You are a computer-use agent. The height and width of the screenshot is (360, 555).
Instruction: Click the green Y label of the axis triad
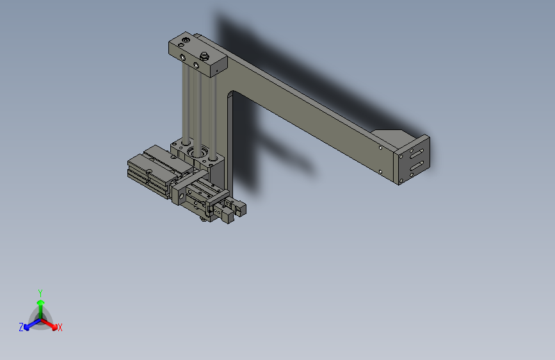pyautogui.click(x=40, y=291)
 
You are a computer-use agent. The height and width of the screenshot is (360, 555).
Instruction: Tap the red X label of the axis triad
pyautogui.click(x=60, y=328)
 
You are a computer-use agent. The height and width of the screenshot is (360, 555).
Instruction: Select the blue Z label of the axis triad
pyautogui.click(x=21, y=327)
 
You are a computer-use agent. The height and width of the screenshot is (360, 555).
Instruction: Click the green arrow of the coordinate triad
pyautogui.click(x=40, y=303)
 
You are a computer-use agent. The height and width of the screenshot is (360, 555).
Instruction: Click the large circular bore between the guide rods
pyautogui.click(x=197, y=153)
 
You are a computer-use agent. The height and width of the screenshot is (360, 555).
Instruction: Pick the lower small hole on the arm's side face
pyautogui.click(x=381, y=171)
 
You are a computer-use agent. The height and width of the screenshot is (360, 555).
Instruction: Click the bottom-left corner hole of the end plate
pyautogui.click(x=401, y=182)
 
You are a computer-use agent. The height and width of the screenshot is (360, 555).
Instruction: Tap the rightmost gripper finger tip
pyautogui.click(x=241, y=208)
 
